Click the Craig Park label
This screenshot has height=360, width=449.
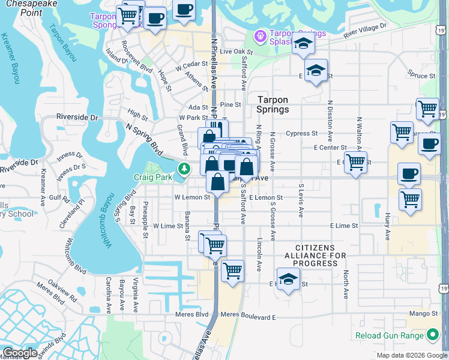(x=152, y=178)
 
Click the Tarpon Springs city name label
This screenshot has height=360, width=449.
(x=273, y=104)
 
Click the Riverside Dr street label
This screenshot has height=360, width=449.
(x=77, y=118)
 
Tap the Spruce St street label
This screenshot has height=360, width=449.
(x=421, y=76)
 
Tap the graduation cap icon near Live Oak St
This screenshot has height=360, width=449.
(x=304, y=45)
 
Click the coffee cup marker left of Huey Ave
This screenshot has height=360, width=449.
(x=409, y=173)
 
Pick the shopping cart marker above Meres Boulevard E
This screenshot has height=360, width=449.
(x=232, y=270)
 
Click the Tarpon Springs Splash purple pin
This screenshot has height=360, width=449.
(x=259, y=37)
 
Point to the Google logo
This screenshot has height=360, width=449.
(x=20, y=353)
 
